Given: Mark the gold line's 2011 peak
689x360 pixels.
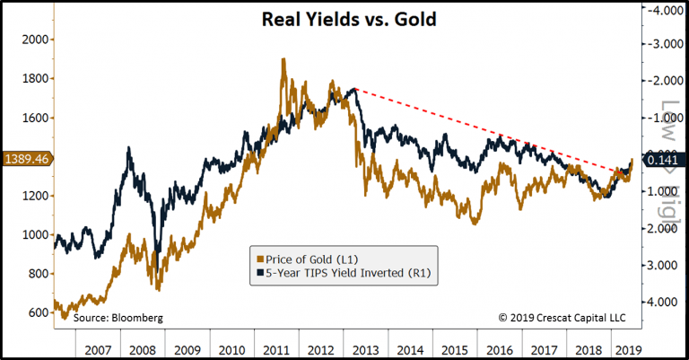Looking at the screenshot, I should click(283, 60).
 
